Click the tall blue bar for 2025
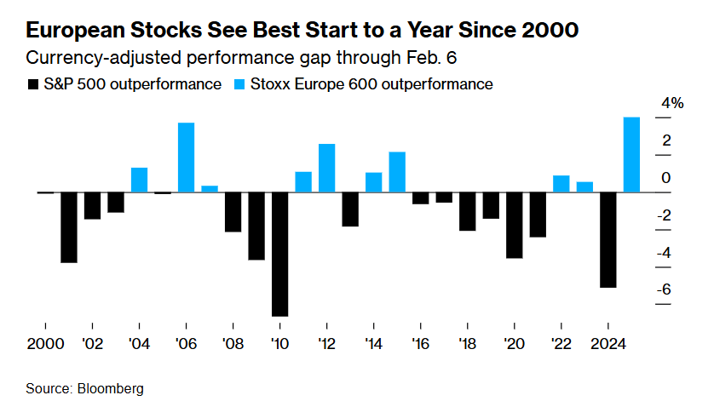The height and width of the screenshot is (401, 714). [631, 154]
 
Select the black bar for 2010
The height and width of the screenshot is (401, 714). [279, 255]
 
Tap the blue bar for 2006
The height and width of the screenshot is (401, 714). [186, 158]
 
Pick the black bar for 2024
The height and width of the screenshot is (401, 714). [607, 240]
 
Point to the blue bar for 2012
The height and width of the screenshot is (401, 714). [326, 168]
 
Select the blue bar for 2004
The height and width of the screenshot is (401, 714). [139, 180]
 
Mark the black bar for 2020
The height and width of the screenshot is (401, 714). [514, 225]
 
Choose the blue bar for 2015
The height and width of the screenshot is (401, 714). [397, 172]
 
